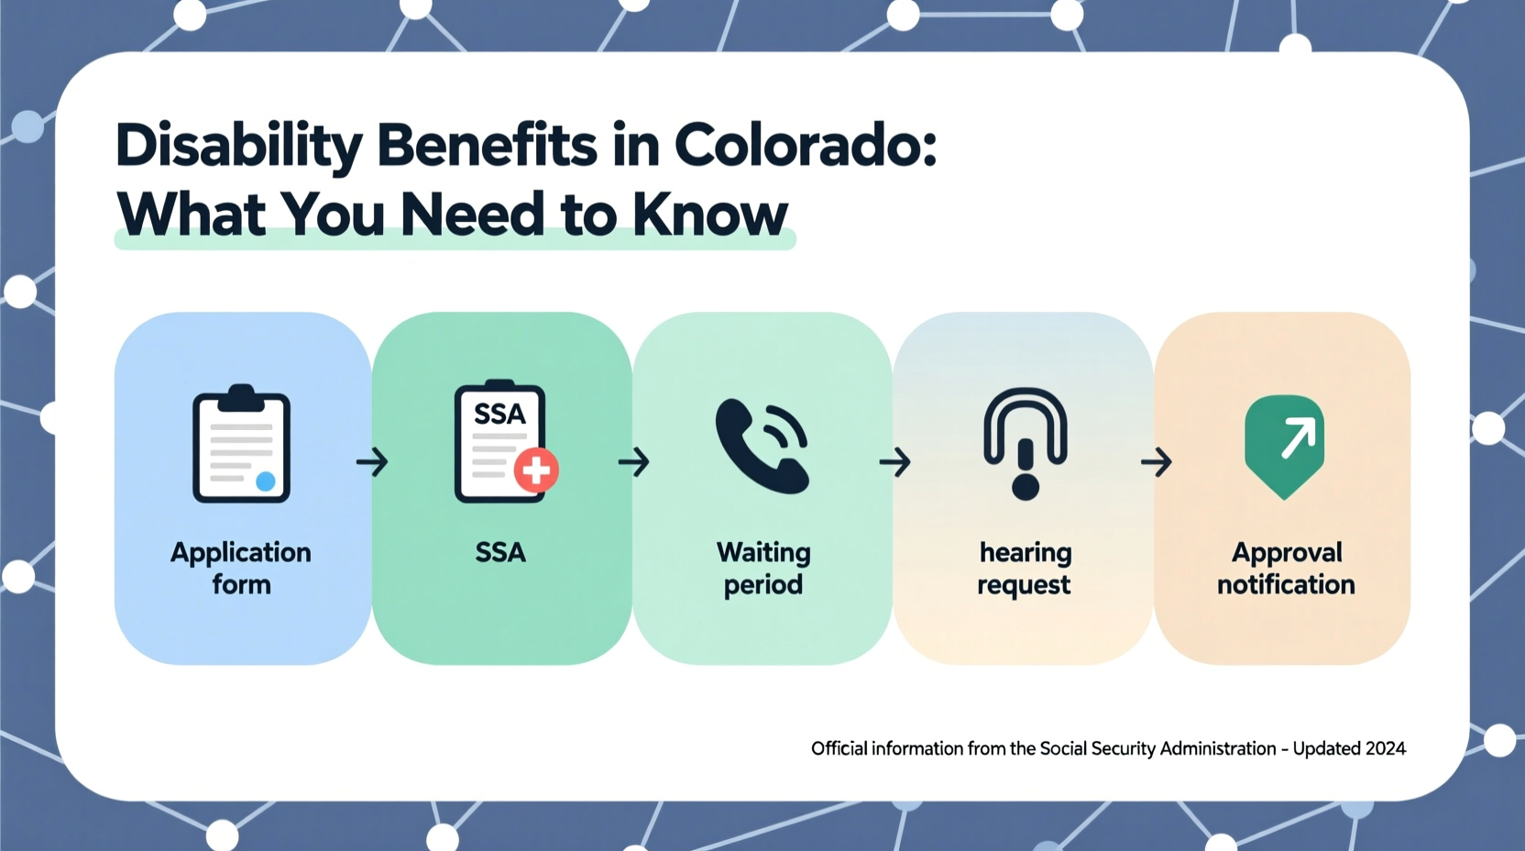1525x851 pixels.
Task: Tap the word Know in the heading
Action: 709,215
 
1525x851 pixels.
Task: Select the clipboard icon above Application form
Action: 241,445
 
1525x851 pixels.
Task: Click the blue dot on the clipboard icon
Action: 266,481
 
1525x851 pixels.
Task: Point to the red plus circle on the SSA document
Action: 536,470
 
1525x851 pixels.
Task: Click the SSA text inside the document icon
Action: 499,414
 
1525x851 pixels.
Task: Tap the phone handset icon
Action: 762,446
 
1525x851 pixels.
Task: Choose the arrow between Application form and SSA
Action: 372,461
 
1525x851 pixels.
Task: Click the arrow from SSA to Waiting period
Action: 633,461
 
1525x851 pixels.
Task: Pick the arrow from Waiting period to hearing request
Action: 894,461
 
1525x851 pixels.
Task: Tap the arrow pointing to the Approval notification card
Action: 1156,461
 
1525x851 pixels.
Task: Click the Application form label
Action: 241,568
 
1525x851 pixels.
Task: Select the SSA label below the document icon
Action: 500,552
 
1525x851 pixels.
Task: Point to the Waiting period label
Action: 763,568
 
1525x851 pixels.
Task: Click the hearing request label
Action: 1025,568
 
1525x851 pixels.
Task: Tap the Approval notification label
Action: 1286,568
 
